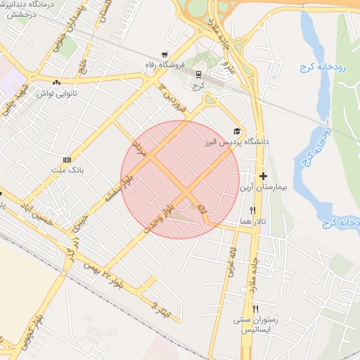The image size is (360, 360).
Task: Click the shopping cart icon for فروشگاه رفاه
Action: pyautogui.click(x=165, y=55)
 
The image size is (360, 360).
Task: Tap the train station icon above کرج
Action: pyautogui.click(x=198, y=73)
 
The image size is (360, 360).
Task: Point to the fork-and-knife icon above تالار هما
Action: pyautogui.click(x=252, y=210)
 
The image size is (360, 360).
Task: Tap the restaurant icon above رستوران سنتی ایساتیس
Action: pyautogui.click(x=256, y=309)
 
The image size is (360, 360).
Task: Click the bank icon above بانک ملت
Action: pyautogui.click(x=67, y=159)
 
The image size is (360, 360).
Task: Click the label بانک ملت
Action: pyautogui.click(x=67, y=169)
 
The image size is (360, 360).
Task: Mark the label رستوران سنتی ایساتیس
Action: pyautogui.click(x=256, y=326)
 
